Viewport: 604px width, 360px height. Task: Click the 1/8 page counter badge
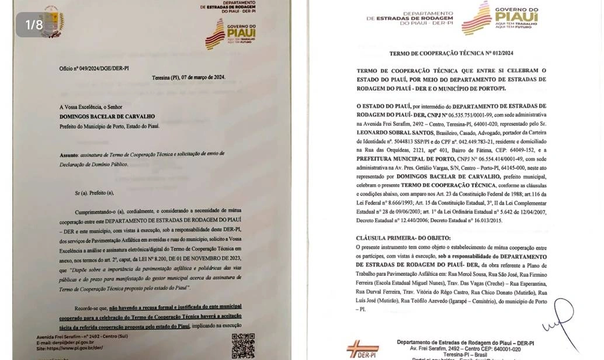[x=34, y=25]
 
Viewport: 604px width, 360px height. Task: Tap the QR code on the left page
[x=243, y=345]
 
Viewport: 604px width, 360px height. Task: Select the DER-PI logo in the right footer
[x=363, y=349]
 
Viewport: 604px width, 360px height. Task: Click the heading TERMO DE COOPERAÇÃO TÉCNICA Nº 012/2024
[x=452, y=53]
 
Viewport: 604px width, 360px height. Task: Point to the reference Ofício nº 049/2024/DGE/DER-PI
[x=94, y=68]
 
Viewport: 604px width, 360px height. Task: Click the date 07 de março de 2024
[x=203, y=77]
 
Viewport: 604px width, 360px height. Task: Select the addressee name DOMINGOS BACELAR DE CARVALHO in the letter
[x=107, y=116]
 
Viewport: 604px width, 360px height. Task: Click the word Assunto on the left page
[x=68, y=155]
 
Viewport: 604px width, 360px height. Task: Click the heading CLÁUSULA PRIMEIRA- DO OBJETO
[x=404, y=238]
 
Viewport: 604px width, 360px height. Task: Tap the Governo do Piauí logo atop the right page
[x=500, y=18]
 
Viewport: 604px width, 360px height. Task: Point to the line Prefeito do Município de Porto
[x=109, y=126]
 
